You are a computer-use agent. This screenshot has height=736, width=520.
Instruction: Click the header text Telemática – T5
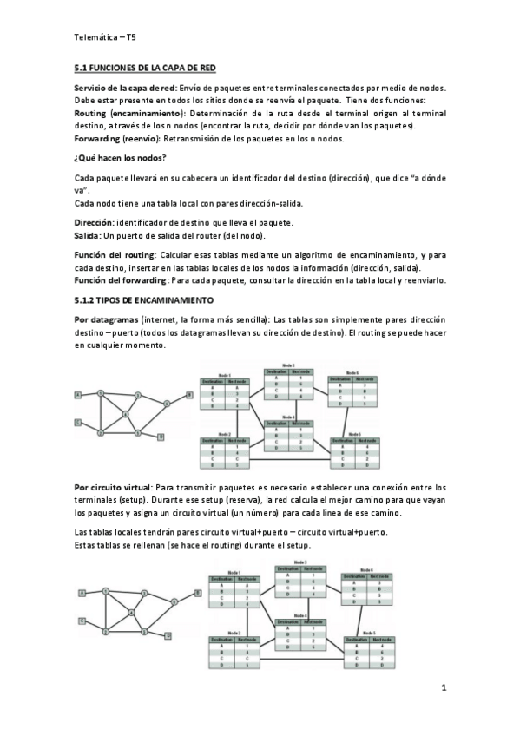pyautogui.click(x=104, y=37)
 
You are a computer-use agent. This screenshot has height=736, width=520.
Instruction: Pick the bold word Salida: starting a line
pyautogui.click(x=89, y=235)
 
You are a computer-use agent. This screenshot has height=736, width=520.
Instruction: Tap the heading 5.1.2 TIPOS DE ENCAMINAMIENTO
pyautogui.click(x=143, y=299)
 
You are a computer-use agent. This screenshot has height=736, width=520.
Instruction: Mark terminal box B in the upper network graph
pyautogui.click(x=188, y=395)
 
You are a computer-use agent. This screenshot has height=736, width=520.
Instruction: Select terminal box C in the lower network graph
pyautogui.click(x=82, y=621)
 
